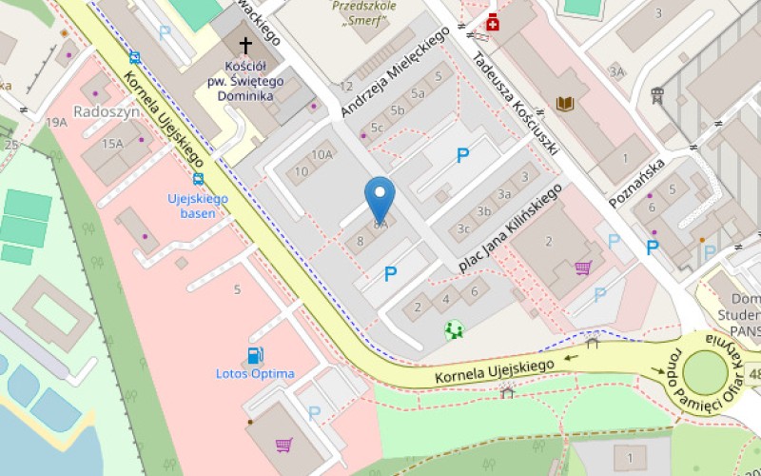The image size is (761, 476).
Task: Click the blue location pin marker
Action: click(x=380, y=199)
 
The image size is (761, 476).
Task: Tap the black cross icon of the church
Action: click(x=245, y=45)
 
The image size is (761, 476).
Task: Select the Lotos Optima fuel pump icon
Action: click(x=255, y=356)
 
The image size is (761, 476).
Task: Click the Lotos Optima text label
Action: click(x=255, y=374)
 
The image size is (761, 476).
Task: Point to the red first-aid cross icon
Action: click(x=493, y=23)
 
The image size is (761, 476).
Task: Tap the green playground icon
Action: click(x=455, y=329)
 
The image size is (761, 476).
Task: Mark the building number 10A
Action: click(x=322, y=154)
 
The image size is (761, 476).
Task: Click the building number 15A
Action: click(x=113, y=144)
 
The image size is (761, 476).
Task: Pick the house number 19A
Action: click(x=57, y=122)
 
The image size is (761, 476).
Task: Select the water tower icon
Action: click(x=656, y=95)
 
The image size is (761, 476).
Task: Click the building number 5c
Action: click(x=377, y=128)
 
